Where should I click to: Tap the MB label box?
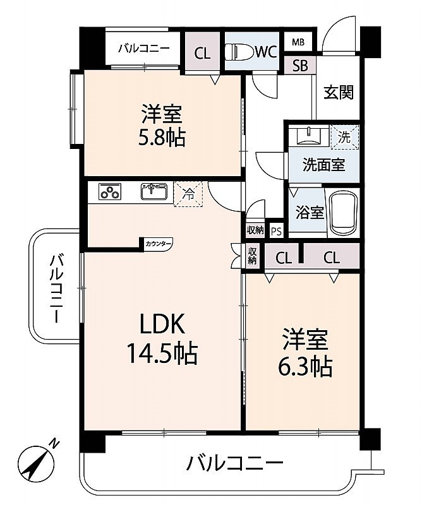(298, 42)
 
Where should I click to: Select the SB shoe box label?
(300, 66)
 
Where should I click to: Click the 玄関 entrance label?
(339, 92)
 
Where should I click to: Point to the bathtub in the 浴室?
(342, 213)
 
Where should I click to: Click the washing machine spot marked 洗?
(345, 137)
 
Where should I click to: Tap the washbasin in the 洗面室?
(309, 136)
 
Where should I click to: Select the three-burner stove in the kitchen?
(110, 192)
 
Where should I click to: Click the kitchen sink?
(154, 191)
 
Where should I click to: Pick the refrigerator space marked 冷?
(189, 194)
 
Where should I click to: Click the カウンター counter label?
(158, 244)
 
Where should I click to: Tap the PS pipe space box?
(276, 231)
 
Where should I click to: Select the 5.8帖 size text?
(162, 138)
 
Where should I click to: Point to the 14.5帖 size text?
(162, 353)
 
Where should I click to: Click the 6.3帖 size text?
(305, 367)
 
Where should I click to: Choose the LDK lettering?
(162, 324)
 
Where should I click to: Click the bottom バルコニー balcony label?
(235, 463)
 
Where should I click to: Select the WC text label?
(266, 52)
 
